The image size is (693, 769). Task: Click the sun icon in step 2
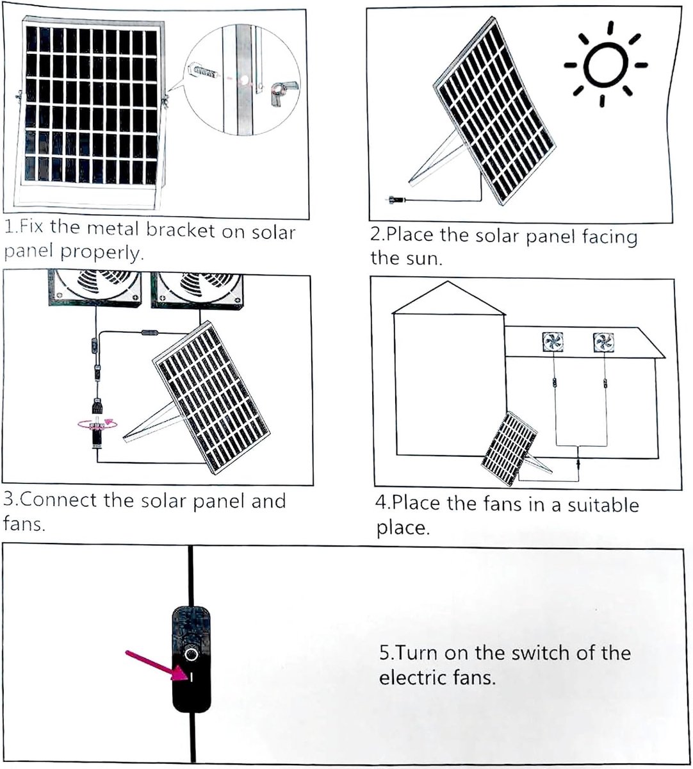click(x=606, y=64)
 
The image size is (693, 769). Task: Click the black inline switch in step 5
click(x=192, y=659)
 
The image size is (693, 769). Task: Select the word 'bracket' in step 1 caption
click(x=181, y=231)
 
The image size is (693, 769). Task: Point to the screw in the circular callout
click(x=202, y=70)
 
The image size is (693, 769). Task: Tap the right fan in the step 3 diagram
click(x=197, y=290)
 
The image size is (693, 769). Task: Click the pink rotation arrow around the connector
click(x=97, y=424)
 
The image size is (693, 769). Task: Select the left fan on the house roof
click(x=553, y=342)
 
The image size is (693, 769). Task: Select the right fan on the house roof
click(x=603, y=342)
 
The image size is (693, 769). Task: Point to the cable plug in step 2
click(x=396, y=200)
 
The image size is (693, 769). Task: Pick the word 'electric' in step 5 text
click(x=412, y=677)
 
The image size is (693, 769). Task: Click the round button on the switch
click(x=190, y=654)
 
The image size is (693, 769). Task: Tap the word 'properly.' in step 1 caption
click(x=102, y=252)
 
